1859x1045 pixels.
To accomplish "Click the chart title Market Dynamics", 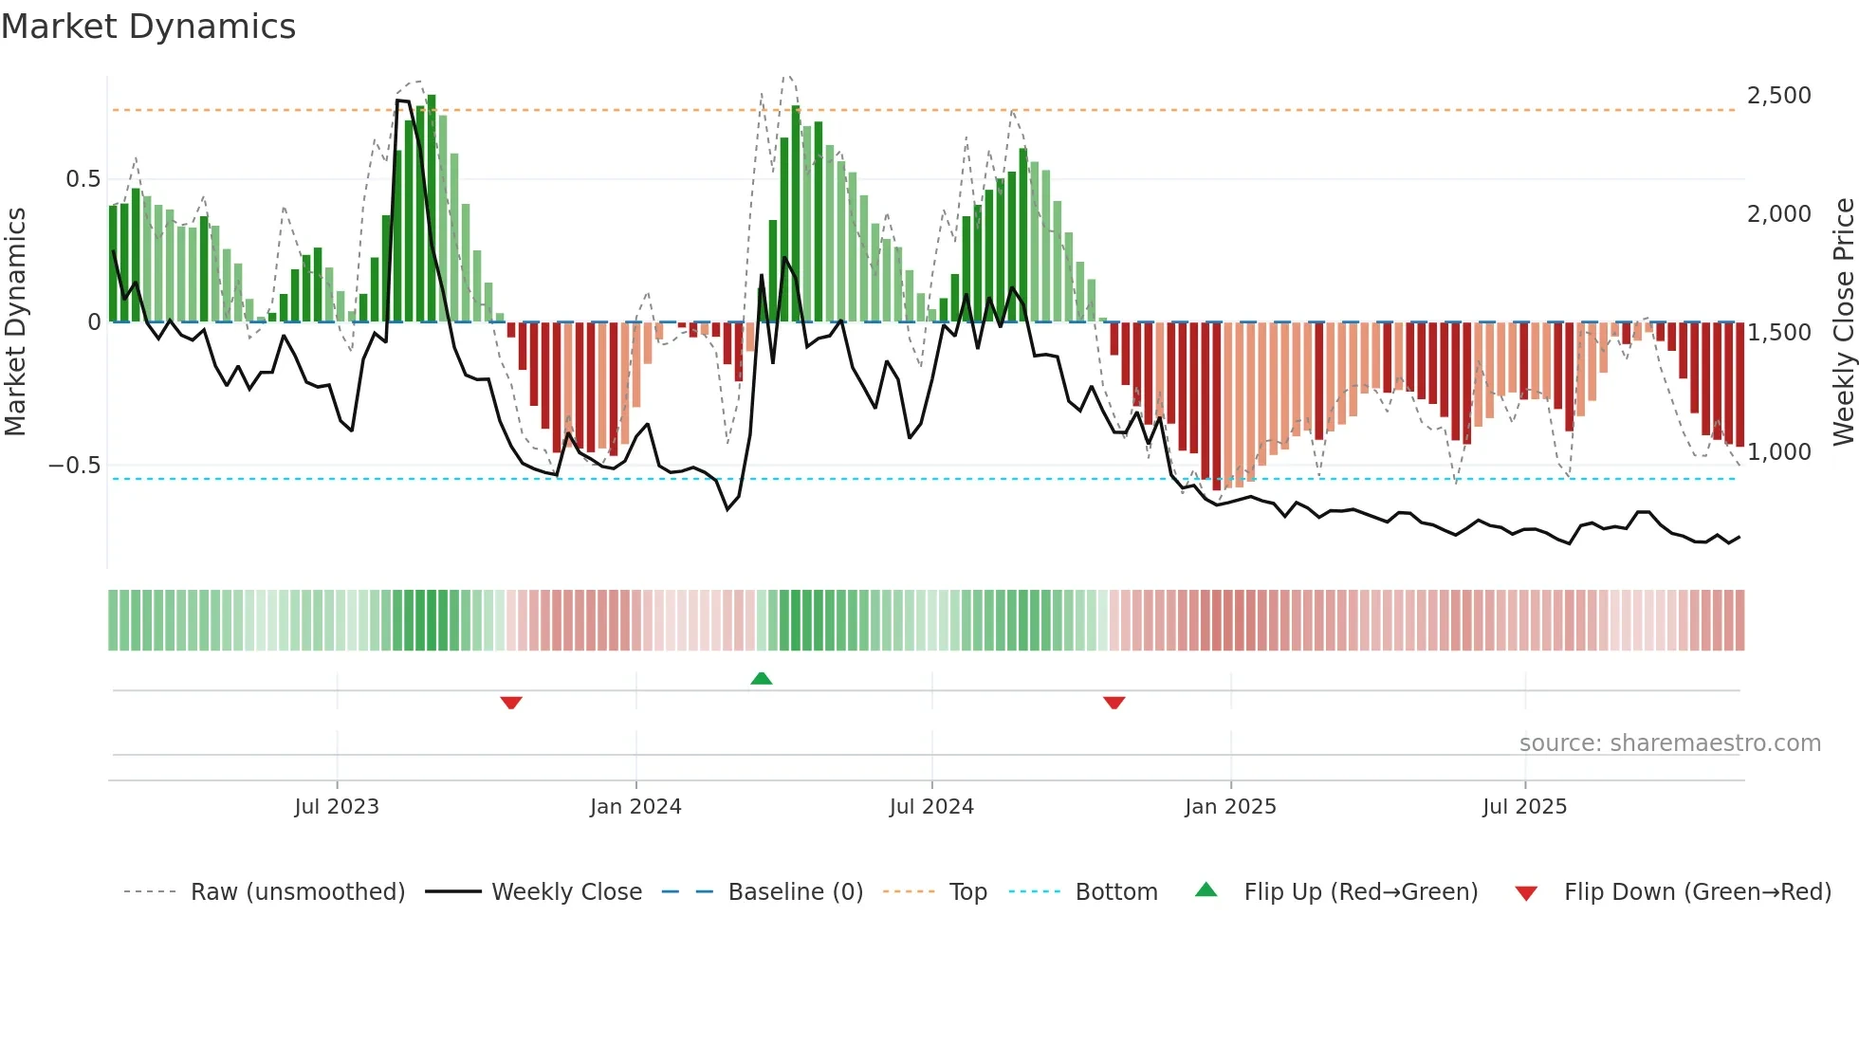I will click(148, 27).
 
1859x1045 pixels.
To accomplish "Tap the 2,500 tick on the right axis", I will click(1778, 96).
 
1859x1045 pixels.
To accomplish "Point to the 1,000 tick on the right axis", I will click(1778, 452).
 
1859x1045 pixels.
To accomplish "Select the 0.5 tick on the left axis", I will click(83, 179).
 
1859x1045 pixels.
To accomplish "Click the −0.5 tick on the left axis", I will click(74, 466).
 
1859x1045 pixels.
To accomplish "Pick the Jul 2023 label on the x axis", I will click(337, 807).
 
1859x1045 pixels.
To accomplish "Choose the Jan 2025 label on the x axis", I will click(1230, 807).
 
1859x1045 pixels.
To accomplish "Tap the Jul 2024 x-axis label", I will click(931, 807).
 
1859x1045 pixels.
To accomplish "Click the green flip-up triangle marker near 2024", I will click(761, 678).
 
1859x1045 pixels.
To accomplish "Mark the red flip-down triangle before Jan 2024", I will click(511, 703).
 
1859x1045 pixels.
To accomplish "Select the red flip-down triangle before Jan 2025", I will click(1114, 703).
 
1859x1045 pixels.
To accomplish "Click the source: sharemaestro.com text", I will click(1669, 743).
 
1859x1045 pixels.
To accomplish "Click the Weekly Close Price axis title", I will click(1843, 321).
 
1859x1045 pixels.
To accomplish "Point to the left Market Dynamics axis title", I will click(16, 321).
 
